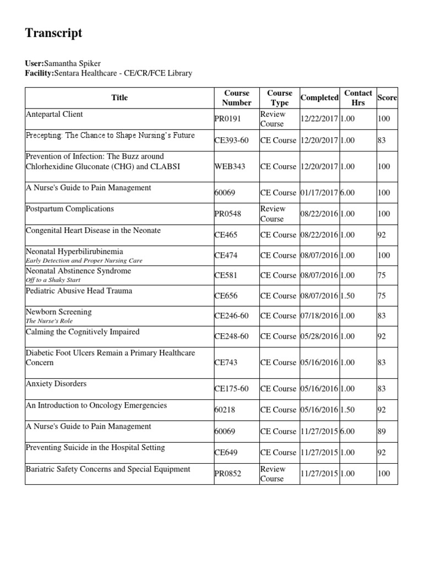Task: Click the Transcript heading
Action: [x=53, y=33]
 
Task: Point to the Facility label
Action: [x=39, y=73]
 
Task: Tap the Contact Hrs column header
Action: [x=357, y=97]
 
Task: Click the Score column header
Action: [x=387, y=97]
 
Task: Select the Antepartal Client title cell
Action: [x=55, y=114]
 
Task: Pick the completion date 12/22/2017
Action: [x=319, y=119]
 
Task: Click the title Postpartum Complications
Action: [x=70, y=209]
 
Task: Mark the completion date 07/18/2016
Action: [x=319, y=316]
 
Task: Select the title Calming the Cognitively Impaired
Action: [x=83, y=332]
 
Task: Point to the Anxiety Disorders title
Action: [x=56, y=383]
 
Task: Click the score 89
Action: [x=382, y=431]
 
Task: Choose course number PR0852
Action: [x=228, y=474]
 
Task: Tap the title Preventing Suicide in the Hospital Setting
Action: [x=95, y=447]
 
